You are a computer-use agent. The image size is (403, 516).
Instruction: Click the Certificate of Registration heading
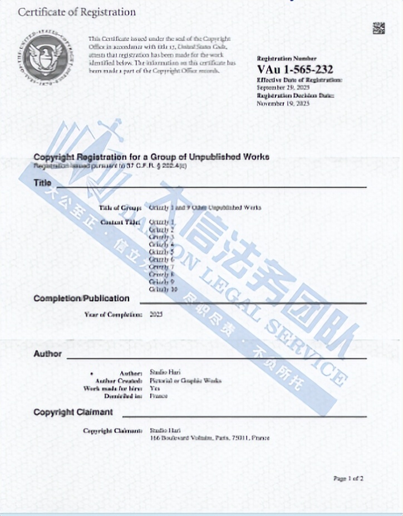77,12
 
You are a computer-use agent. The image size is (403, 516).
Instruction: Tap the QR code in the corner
379,27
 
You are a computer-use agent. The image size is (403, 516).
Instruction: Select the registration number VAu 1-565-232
295,70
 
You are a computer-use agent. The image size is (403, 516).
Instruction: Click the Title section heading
43,183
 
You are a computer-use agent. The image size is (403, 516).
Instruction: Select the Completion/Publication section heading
81,298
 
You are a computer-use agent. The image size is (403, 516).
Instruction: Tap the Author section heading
47,353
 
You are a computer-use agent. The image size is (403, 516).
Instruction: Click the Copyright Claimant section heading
73,412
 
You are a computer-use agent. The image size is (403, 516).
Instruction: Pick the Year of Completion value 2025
156,314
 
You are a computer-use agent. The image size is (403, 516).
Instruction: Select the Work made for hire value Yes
155,388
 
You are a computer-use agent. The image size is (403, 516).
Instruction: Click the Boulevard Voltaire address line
210,439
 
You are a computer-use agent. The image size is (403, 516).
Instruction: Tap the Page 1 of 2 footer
348,478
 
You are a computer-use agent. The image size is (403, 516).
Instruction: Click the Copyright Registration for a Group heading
151,157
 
